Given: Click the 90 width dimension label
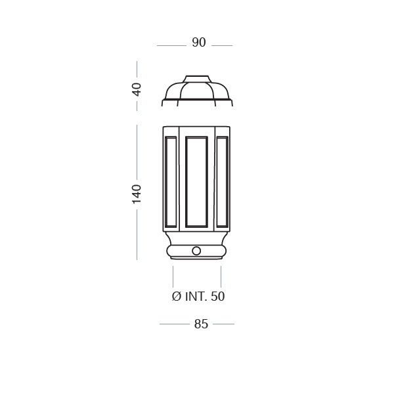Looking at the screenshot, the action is coord(199,43).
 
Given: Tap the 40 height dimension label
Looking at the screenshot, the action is coord(137,89).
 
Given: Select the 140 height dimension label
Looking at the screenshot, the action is coord(137,194).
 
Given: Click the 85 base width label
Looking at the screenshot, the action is coord(201,324).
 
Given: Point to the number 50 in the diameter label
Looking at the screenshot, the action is coord(217,297).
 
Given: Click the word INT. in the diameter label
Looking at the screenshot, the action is coord(196,297).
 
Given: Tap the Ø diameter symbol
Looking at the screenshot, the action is coord(177,297).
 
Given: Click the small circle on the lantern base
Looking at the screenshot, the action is coord(196,251).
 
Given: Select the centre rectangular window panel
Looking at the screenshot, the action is coord(196,182).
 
